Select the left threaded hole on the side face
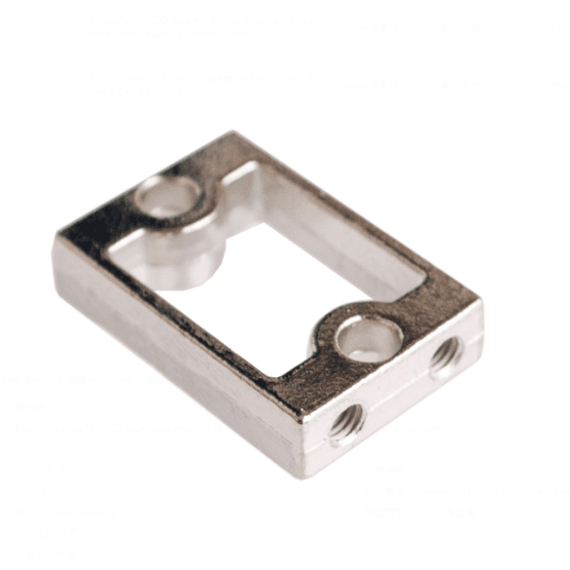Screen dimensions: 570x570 click(x=347, y=422)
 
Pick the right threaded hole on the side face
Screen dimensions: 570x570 click(x=446, y=358)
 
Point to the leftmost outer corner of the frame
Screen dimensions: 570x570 click(x=56, y=242)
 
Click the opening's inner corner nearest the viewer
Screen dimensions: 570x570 click(x=277, y=375)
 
